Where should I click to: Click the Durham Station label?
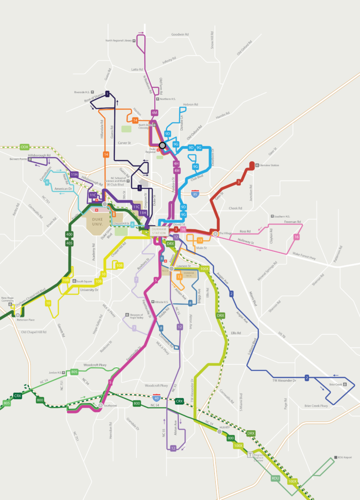coord(159,231)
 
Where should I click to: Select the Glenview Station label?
coord(269,166)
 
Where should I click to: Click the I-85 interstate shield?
coord(195,192)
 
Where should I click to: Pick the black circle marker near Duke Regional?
coord(162,145)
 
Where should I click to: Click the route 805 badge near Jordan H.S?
coord(74,372)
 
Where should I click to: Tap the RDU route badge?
coord(275,479)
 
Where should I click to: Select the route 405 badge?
coord(69,243)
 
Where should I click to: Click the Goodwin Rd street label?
coord(180,35)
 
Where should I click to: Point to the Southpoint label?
coord(110,405)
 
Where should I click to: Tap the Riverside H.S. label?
coord(83,92)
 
